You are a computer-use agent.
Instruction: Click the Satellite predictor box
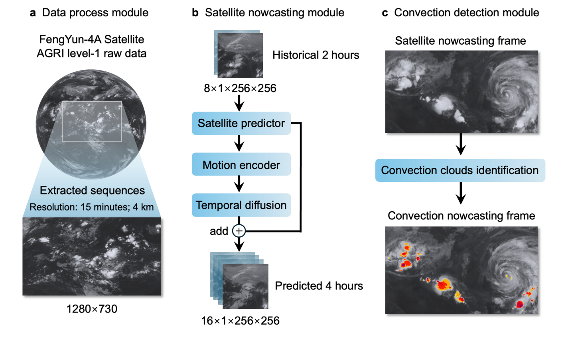(241, 123)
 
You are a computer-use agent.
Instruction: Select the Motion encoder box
(241, 165)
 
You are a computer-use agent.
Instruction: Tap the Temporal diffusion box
(241, 205)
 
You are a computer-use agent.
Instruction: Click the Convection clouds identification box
(460, 170)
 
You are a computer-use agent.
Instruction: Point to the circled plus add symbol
(239, 231)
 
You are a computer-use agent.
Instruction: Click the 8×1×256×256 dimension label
(240, 88)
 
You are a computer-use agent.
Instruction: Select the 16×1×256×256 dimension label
(240, 321)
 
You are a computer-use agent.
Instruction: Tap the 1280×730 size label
(92, 309)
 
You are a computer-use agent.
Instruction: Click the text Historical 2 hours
(316, 55)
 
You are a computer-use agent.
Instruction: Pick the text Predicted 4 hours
(319, 286)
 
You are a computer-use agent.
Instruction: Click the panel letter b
(195, 13)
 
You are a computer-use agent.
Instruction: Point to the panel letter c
(385, 13)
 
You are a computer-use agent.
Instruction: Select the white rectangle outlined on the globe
(92, 121)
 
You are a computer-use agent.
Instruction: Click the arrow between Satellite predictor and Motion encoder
(239, 143)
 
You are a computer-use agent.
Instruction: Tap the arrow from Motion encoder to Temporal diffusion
(239, 184)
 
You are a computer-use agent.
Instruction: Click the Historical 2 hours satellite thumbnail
(239, 55)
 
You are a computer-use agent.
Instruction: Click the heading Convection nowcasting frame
(461, 216)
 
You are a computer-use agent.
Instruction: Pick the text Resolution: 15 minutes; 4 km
(92, 207)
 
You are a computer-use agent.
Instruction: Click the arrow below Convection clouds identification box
(461, 193)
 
